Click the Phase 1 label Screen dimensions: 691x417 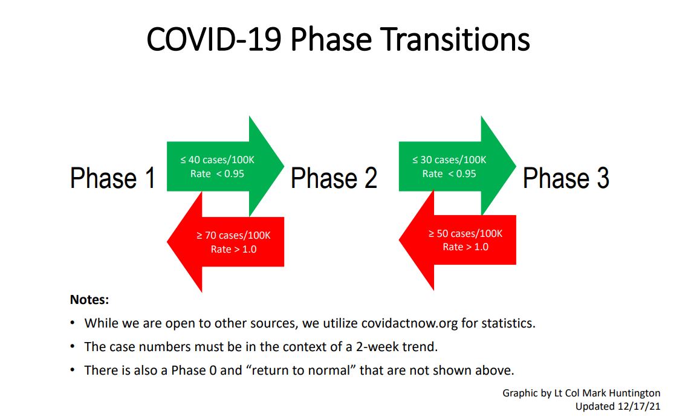coord(113,178)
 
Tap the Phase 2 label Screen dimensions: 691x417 coord(334,178)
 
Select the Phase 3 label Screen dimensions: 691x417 coord(566,178)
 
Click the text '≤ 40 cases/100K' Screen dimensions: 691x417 coord(217,160)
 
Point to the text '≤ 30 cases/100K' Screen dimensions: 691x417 coord(449,160)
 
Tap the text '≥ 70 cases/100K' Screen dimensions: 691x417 coord(233,236)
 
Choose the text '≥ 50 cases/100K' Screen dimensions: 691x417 coord(466,233)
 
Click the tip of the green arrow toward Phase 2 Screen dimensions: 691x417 coord(284,166)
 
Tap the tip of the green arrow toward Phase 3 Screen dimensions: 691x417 coord(516,166)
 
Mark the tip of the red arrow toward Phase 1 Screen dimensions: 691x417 coord(167,242)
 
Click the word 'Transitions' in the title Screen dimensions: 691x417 coord(455,40)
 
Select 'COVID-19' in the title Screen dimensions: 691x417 coord(214,40)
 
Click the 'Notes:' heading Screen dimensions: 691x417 coord(89,300)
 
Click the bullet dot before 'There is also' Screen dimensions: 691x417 coord(73,370)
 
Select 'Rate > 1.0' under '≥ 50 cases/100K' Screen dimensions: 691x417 coord(466,247)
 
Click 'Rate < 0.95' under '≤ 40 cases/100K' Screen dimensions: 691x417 coord(217,174)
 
